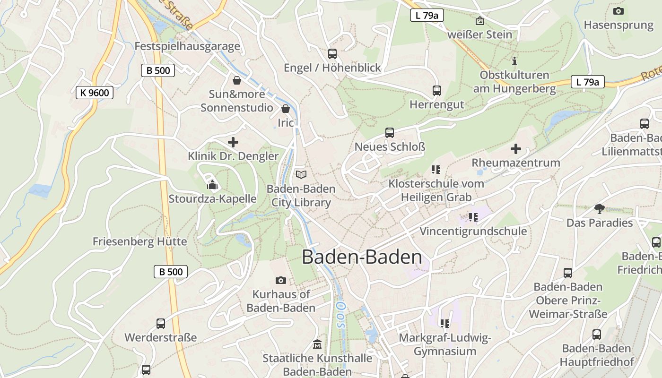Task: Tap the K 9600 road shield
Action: click(95, 93)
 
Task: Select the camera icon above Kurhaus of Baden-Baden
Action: click(281, 280)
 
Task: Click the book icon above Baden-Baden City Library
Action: click(301, 174)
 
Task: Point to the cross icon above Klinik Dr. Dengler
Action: click(233, 142)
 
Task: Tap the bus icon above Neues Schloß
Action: click(390, 133)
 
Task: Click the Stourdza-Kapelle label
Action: click(213, 199)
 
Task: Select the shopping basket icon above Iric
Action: click(286, 109)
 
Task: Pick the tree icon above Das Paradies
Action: click(600, 208)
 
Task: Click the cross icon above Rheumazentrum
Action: click(516, 149)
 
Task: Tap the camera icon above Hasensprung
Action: click(618, 11)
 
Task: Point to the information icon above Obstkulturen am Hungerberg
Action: click(514, 61)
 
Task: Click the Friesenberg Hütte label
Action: click(139, 241)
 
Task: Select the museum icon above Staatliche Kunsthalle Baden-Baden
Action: click(317, 344)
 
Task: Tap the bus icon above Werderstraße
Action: click(161, 324)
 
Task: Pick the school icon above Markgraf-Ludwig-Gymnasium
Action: click(445, 324)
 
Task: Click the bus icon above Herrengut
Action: click(437, 90)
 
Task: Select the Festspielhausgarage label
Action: click(187, 46)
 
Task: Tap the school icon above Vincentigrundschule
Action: click(473, 217)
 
